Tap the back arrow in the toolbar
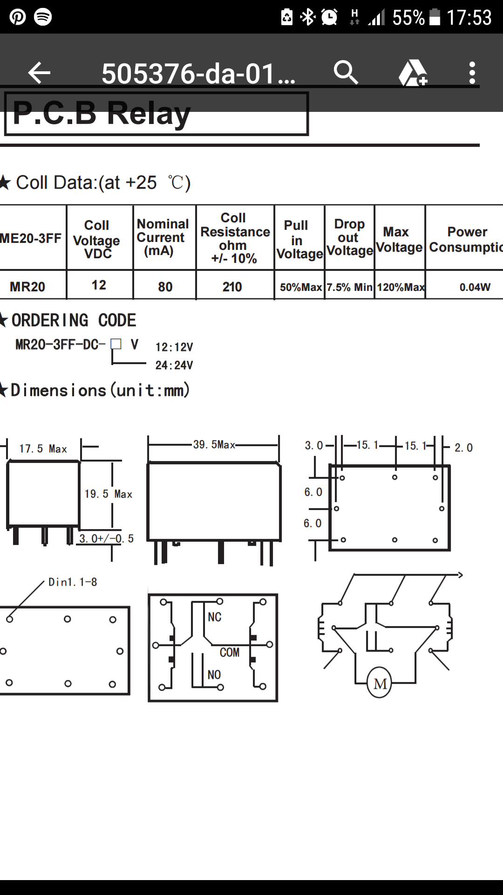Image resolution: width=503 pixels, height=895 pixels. (39, 73)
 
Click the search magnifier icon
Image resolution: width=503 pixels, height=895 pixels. (346, 72)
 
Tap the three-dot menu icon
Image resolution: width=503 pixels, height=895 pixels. (472, 73)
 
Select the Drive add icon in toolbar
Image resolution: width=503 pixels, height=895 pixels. (413, 73)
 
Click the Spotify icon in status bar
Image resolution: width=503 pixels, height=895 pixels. (43, 17)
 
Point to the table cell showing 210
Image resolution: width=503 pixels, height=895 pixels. (232, 287)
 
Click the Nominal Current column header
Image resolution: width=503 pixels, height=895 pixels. (163, 237)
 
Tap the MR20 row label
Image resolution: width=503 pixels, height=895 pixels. (27, 287)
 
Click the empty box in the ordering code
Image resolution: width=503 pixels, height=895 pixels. (116, 344)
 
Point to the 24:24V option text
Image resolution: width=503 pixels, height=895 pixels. (174, 365)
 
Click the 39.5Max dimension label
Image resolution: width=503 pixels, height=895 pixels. (214, 445)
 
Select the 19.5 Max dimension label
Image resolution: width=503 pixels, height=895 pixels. (108, 494)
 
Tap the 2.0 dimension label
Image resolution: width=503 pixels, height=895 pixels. (463, 448)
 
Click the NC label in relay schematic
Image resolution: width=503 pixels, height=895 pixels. (215, 617)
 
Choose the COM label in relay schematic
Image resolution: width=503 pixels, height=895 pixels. (230, 652)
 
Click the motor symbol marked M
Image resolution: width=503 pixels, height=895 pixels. (380, 683)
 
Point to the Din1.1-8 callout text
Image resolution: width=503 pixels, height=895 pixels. (73, 582)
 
